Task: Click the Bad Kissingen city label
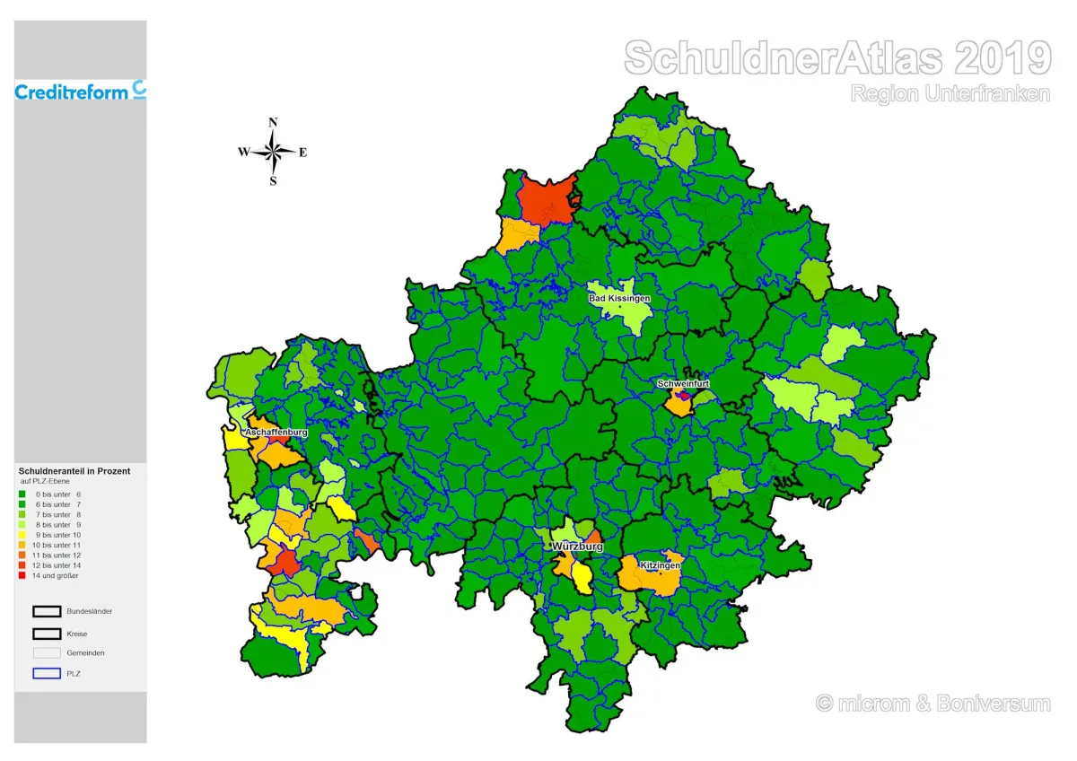619,298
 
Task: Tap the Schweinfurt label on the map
683,383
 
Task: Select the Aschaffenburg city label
276,432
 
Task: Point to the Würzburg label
577,547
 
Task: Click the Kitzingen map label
660,565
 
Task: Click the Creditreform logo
80,91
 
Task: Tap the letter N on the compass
274,122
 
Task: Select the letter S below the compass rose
274,181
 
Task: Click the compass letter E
303,153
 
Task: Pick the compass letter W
243,153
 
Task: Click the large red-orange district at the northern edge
546,199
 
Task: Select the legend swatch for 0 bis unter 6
22,494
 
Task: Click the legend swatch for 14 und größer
22,575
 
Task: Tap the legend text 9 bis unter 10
58,535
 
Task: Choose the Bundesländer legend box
47,611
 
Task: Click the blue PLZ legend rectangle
47,672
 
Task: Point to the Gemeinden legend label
85,652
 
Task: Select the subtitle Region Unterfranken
950,93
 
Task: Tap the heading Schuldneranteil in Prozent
74,471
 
